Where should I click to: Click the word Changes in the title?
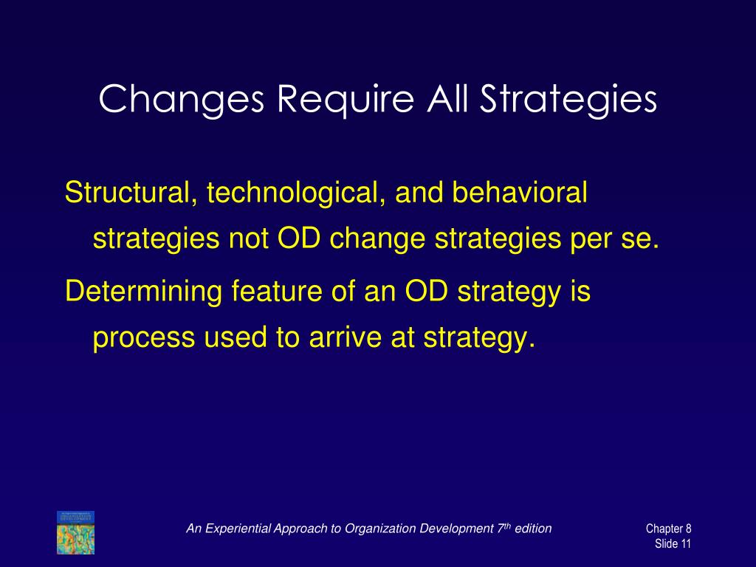pyautogui.click(x=182, y=100)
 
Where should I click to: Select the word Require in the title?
pyautogui.click(x=346, y=100)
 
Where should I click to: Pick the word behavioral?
pyautogui.click(x=520, y=192)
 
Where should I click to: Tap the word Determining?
pyautogui.click(x=144, y=292)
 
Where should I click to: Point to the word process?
pyautogui.click(x=144, y=337)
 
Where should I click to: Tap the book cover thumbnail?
pyautogui.click(x=76, y=533)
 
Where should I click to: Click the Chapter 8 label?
pyautogui.click(x=668, y=529)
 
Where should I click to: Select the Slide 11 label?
pyautogui.click(x=673, y=544)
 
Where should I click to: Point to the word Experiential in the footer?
pyautogui.click(x=236, y=529)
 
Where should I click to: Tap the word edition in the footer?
pyautogui.click(x=533, y=529)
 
